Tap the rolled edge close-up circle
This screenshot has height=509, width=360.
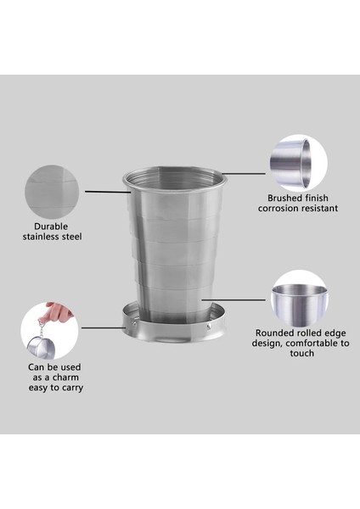(300, 296)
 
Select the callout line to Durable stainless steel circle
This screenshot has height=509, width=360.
(107, 191)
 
